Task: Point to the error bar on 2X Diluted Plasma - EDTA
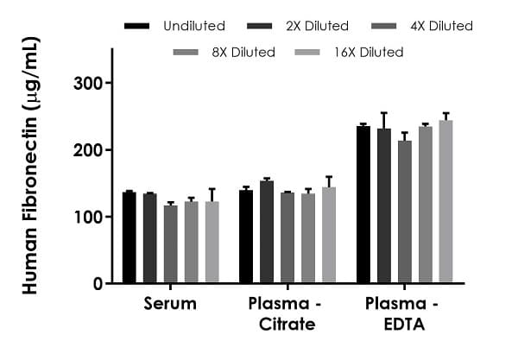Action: pyautogui.click(x=383, y=120)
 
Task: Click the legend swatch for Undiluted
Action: pyautogui.click(x=137, y=26)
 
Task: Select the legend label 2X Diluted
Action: pyautogui.click(x=318, y=26)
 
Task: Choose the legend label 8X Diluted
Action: pyautogui.click(x=243, y=53)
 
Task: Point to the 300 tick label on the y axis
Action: pyautogui.click(x=87, y=84)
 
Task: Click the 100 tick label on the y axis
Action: pyautogui.click(x=87, y=217)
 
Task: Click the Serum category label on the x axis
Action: pyautogui.click(x=169, y=304)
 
